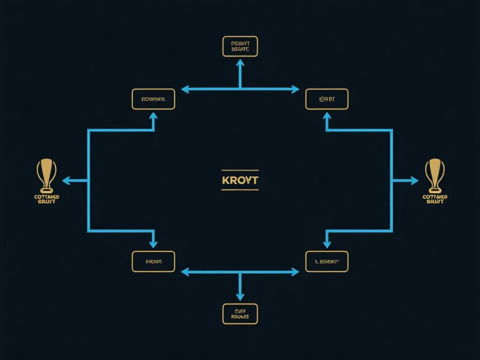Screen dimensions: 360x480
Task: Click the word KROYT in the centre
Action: (x=240, y=179)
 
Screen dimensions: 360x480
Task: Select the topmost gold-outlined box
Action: (x=240, y=46)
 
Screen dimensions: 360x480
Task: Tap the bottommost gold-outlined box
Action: (x=240, y=313)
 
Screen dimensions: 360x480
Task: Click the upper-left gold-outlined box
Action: (x=153, y=99)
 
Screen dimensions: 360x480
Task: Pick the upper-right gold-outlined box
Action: (x=326, y=99)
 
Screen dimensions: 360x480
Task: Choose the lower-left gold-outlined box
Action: (x=153, y=261)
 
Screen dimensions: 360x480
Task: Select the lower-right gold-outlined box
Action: (x=326, y=261)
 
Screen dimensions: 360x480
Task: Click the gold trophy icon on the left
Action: (x=46, y=175)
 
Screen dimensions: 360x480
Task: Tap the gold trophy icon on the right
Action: (x=433, y=175)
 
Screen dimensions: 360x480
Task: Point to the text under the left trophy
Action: (x=46, y=199)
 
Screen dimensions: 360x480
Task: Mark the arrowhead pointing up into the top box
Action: (x=240, y=62)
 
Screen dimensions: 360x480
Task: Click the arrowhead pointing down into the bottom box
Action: (x=240, y=297)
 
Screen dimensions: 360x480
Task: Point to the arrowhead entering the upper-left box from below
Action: (x=153, y=116)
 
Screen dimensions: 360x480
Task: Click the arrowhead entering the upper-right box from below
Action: (x=326, y=116)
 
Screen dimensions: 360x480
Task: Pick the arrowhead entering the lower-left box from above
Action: (x=153, y=244)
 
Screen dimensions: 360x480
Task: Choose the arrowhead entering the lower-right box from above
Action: (x=326, y=244)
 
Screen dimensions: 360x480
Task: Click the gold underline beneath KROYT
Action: (x=240, y=189)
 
